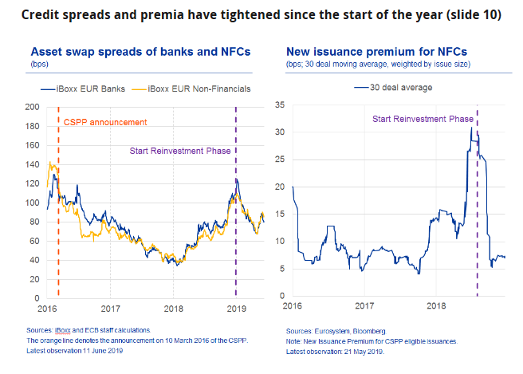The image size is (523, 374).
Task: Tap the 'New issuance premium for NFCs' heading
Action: coord(376,51)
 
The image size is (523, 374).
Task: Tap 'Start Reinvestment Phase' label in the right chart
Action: coord(423,120)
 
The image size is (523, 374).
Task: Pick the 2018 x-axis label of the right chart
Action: coord(436,305)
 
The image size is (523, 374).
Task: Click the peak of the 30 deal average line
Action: coord(471,127)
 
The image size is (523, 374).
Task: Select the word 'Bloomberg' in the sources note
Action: coord(366,330)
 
